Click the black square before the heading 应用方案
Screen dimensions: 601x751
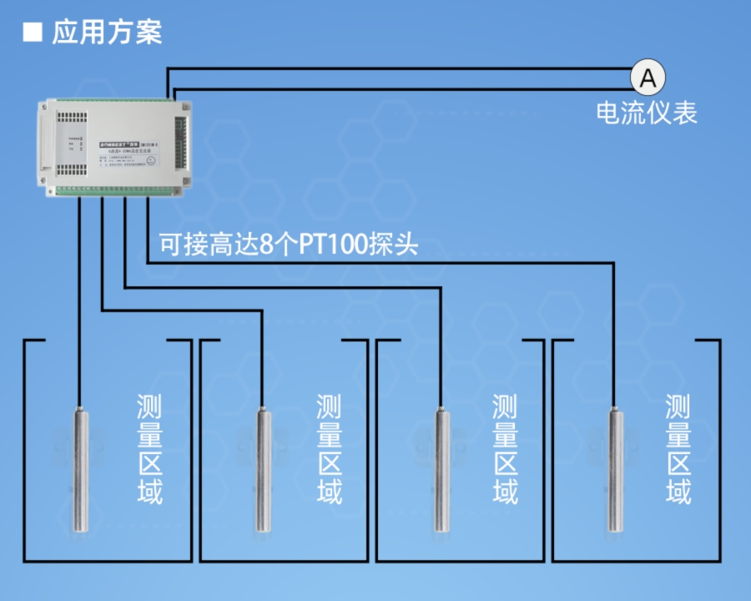click(x=33, y=33)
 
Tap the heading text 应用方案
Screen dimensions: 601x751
click(x=107, y=33)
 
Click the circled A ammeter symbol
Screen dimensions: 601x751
click(x=648, y=78)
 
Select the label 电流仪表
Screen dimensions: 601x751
click(x=647, y=113)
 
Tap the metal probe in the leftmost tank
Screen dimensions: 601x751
click(x=80, y=467)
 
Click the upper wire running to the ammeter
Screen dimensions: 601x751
click(x=401, y=68)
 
